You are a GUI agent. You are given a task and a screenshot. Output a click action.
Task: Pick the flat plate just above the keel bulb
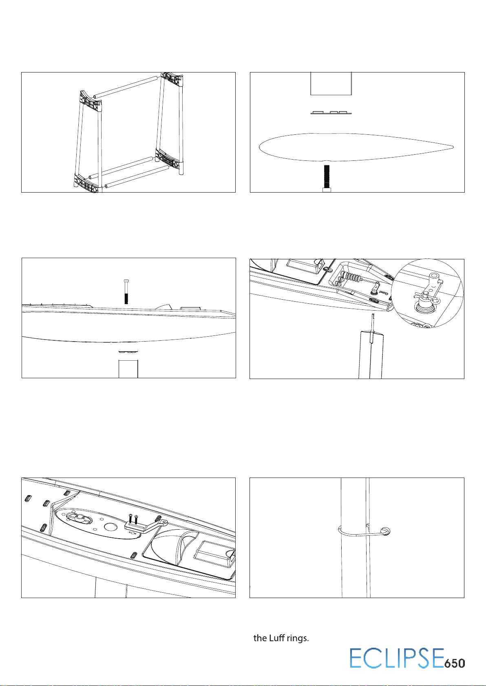331,112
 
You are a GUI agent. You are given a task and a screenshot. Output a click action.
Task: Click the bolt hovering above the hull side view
126,291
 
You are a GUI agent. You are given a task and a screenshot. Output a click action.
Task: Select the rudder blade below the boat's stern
370,355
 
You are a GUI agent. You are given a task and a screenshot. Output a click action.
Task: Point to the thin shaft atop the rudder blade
373,324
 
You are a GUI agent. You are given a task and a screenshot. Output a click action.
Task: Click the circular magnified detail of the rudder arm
428,294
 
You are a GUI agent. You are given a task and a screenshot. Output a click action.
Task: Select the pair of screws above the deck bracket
132,519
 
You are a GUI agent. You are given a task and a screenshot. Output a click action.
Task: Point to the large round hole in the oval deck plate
110,527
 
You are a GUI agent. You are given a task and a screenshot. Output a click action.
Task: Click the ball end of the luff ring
385,531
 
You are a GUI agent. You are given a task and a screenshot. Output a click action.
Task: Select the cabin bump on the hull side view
163,307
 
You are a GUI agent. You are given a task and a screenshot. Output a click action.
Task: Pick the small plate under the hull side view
128,352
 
